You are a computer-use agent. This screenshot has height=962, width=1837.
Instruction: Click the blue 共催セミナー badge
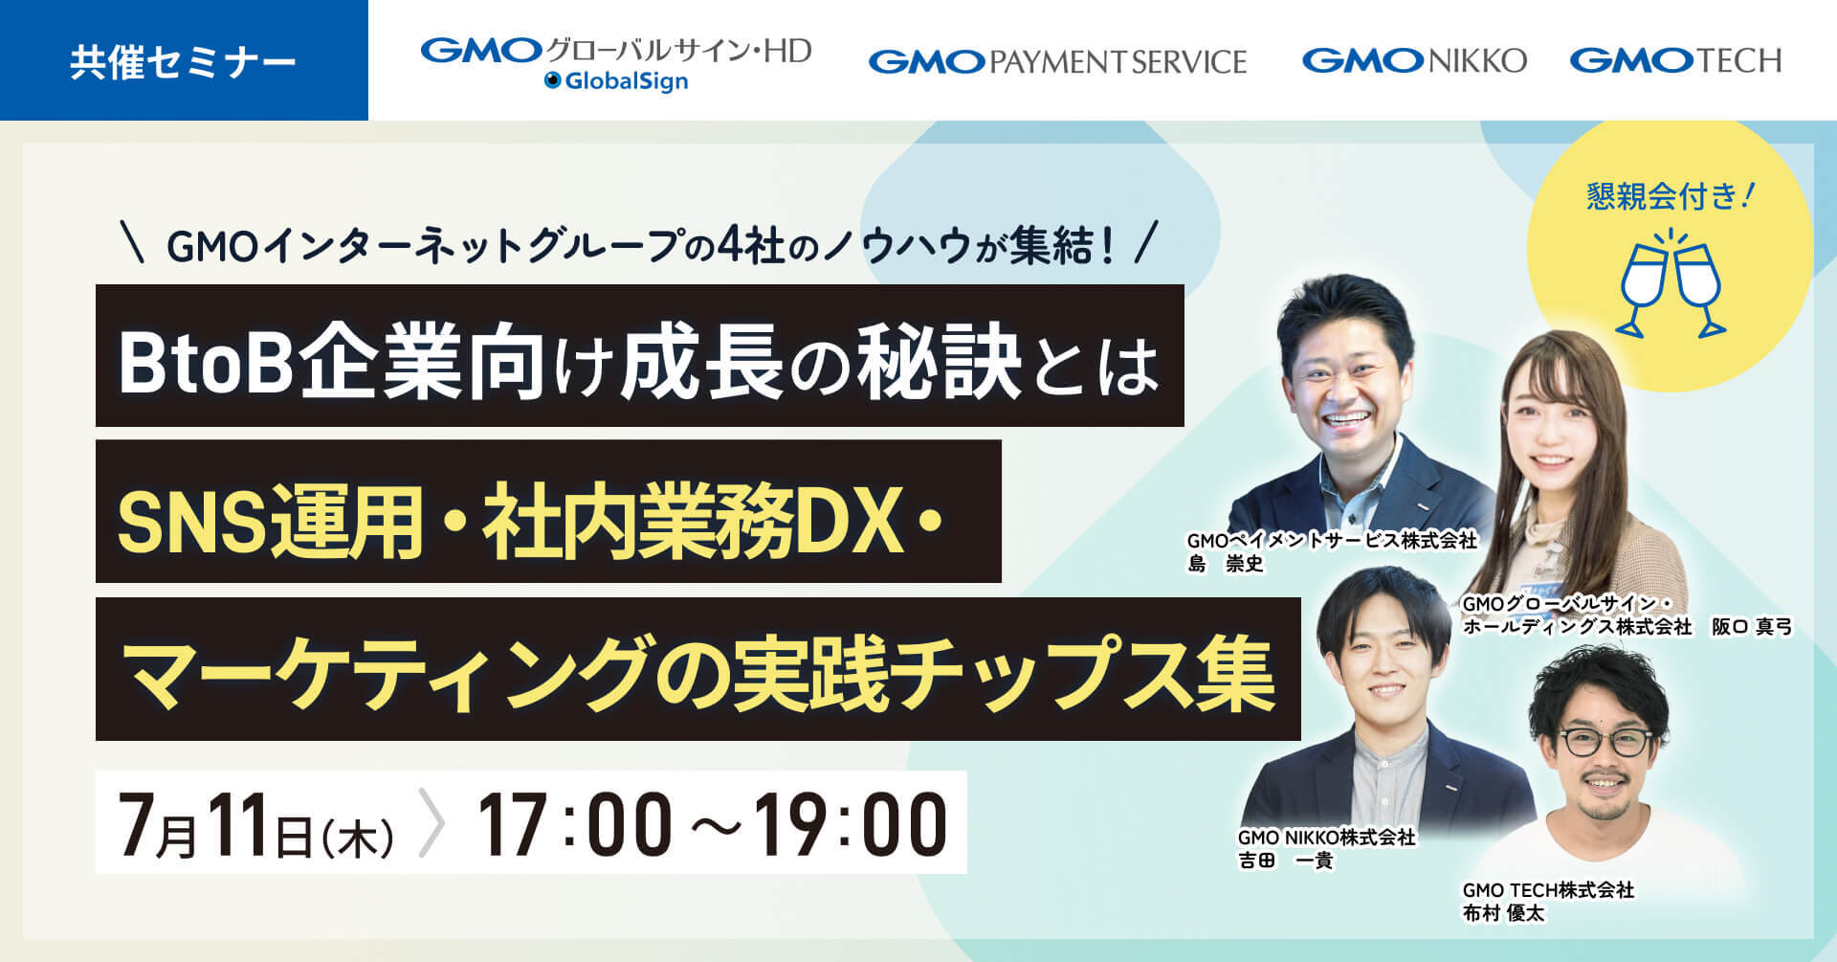[x=184, y=60]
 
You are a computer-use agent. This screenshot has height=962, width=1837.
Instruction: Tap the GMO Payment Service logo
[x=1057, y=62]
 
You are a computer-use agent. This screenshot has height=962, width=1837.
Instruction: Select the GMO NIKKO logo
[x=1414, y=61]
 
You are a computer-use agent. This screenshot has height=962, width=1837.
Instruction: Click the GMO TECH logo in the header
[x=1675, y=61]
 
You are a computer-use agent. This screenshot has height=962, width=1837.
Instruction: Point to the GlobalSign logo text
[x=616, y=81]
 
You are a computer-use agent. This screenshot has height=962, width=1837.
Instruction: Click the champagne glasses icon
[x=1670, y=283]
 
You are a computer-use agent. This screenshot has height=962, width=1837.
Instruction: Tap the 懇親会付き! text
[x=1671, y=196]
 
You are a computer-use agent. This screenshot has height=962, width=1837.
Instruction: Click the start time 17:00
[x=574, y=824]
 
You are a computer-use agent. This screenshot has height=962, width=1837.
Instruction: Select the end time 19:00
[x=851, y=824]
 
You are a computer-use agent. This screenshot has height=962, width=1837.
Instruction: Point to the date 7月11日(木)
[x=255, y=824]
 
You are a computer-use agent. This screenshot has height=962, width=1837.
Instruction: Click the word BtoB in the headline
[x=205, y=364]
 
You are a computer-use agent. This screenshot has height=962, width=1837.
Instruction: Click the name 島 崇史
[x=1226, y=565]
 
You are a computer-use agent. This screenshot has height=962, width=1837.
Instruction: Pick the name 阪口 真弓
[x=1752, y=627]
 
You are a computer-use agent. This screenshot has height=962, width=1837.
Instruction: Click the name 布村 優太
[x=1503, y=913]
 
